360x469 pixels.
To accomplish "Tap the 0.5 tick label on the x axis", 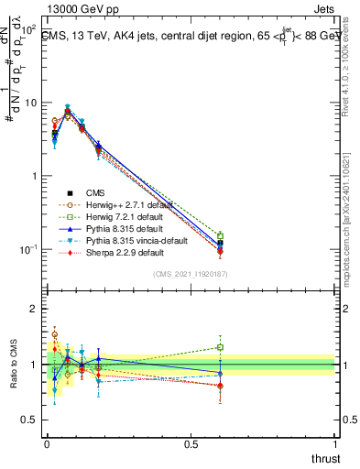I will click(191, 444).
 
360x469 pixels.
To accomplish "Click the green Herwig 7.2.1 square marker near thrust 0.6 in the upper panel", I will click(220, 236).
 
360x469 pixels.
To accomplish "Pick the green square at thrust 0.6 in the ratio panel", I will click(220, 347).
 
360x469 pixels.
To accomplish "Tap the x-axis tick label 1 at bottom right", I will click(334, 444).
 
